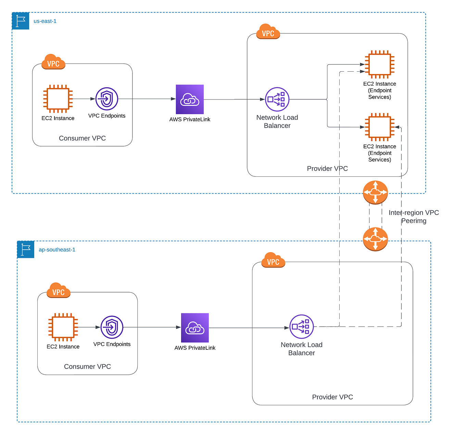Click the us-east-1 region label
pos(45,21)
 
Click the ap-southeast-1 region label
pos(57,250)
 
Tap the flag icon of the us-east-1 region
pos(21,21)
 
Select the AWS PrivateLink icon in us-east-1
pos(190,99)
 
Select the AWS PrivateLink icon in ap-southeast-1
pos(195,328)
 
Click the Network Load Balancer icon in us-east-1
pos(277,99)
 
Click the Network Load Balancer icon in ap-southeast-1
pos(301,327)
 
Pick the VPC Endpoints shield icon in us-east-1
pos(107,99)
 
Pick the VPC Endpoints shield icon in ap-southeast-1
pos(112,327)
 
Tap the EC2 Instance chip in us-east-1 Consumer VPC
pos(58,99)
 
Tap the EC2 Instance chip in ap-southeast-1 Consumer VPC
pos(63,327)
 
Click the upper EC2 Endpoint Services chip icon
pos(379,64)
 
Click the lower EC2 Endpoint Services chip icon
pos(379,127)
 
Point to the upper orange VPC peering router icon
pos(375,193)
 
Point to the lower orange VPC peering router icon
pos(375,239)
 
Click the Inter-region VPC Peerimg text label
pos(414,216)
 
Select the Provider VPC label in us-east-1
pos(327,169)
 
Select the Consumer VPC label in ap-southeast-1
pos(87,367)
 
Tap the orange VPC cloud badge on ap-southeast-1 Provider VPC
pos(273,260)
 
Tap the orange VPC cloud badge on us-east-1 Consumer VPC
pos(53,62)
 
